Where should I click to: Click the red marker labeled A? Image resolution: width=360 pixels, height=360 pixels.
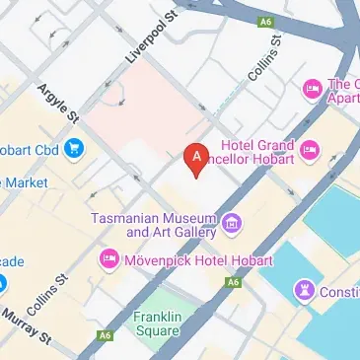point(196,159)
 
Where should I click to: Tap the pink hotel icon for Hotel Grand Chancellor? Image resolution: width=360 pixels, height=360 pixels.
point(310,150)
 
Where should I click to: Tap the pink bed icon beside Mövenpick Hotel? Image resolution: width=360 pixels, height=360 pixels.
point(108,258)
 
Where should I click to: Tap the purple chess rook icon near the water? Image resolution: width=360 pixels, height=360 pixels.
point(303,290)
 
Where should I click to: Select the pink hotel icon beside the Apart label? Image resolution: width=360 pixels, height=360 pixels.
point(313,89)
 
